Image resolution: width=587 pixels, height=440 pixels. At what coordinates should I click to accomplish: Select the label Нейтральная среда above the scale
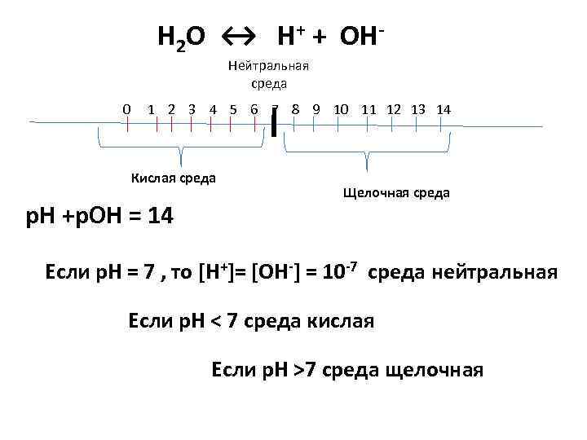pos(270,75)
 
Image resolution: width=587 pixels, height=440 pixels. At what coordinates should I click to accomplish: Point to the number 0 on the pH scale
pos(126,109)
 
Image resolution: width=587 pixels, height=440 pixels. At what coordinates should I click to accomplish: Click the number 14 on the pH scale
pos(444,109)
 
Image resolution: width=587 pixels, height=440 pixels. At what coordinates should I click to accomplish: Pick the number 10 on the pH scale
pos(342,109)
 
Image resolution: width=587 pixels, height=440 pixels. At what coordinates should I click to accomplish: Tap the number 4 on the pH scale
pos(212,109)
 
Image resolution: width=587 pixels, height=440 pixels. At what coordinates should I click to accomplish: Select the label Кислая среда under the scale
pos(174,178)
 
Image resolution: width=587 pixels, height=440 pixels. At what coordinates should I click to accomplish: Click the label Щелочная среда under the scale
pos(396,193)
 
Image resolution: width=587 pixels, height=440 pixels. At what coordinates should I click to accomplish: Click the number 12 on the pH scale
pos(394,109)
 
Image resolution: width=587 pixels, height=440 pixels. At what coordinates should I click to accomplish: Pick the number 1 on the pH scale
pos(152,109)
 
